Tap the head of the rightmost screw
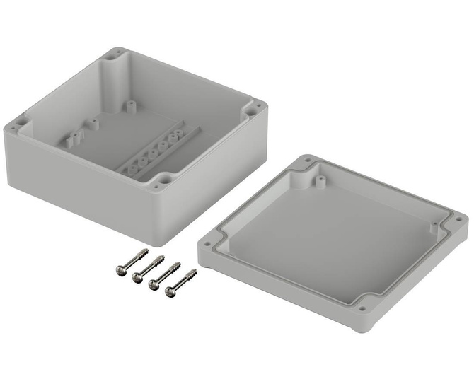(170, 290)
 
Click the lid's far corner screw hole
(308, 162)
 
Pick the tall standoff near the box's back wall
(130, 105)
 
